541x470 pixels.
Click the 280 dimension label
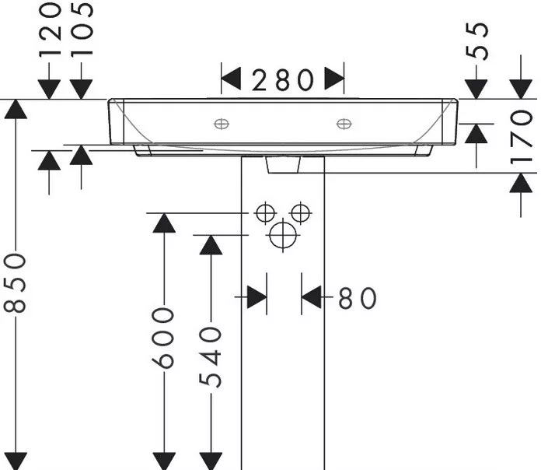point(283,80)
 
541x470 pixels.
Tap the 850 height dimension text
point(15,282)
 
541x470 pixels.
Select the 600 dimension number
point(163,338)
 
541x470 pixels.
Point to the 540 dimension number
point(210,358)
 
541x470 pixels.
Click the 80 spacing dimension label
point(357,298)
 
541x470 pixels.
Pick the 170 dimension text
point(521,137)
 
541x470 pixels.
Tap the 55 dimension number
point(477,41)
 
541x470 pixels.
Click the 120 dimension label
point(50,30)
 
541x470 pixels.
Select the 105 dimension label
point(82,30)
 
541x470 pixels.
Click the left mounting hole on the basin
point(222,124)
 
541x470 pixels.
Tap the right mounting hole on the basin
point(344,124)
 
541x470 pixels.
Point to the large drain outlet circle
point(283,235)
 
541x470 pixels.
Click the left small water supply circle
point(265,212)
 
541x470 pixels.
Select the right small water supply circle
point(301,212)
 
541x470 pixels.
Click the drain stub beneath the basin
point(283,164)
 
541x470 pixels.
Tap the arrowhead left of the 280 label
point(231,79)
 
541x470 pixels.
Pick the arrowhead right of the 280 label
point(334,79)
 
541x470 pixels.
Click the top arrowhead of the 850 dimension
point(16,109)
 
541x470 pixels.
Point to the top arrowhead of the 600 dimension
point(164,223)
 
